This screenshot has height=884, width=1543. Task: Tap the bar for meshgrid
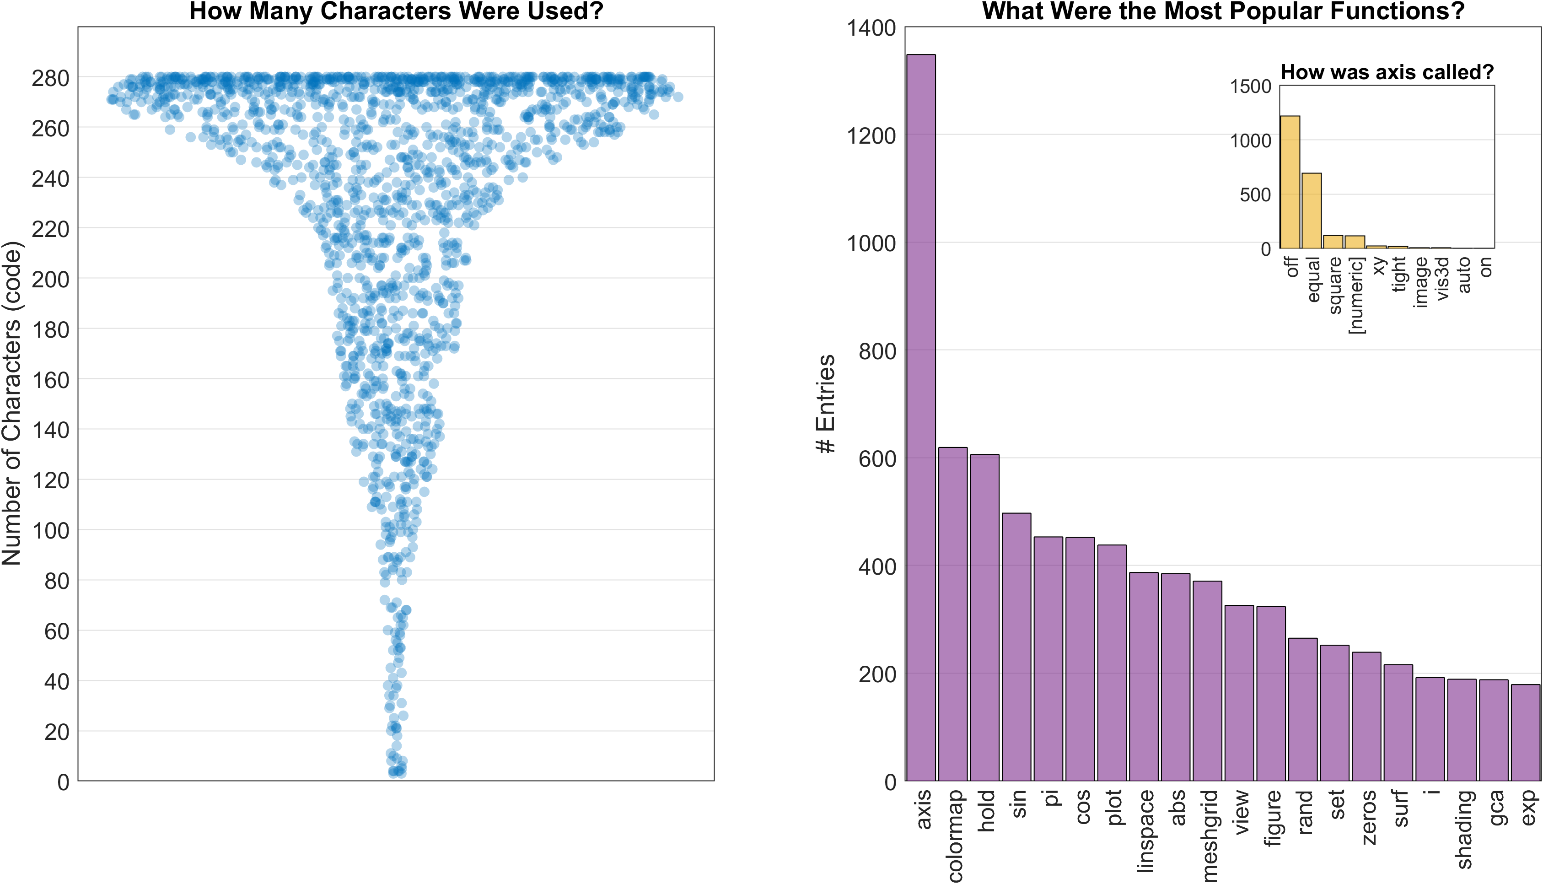(1207, 680)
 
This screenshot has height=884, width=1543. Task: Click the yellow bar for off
(1290, 182)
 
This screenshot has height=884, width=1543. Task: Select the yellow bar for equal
(1311, 210)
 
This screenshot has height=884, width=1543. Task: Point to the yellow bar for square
(1333, 242)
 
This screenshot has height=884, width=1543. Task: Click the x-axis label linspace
(1145, 830)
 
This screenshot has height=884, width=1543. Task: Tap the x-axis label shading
(1463, 829)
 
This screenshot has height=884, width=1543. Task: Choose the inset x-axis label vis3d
(1442, 278)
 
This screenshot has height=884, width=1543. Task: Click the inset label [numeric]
(1355, 295)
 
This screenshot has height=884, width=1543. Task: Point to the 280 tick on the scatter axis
(50, 78)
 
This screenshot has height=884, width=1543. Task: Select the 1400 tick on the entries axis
(871, 28)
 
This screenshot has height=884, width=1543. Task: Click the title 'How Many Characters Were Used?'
(396, 11)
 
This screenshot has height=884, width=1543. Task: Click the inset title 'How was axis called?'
(1387, 72)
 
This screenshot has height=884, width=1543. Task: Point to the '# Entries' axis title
(826, 404)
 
